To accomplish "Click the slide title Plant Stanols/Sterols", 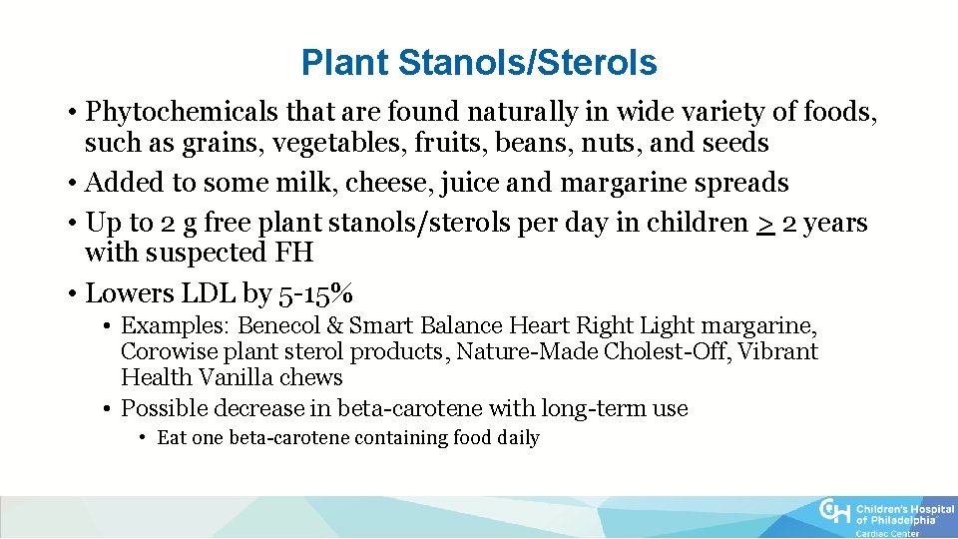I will (479, 63).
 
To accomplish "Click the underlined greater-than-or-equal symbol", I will (763, 223).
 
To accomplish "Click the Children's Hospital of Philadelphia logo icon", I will (834, 513).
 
